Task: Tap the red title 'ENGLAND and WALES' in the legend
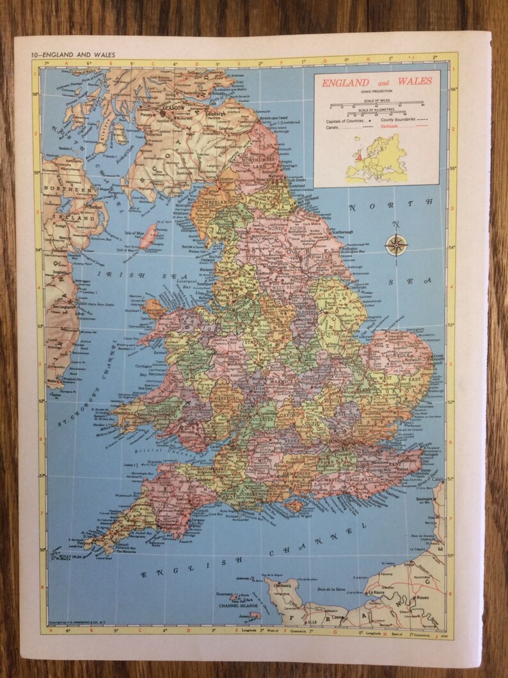tap(376, 83)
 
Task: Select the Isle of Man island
tap(148, 235)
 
